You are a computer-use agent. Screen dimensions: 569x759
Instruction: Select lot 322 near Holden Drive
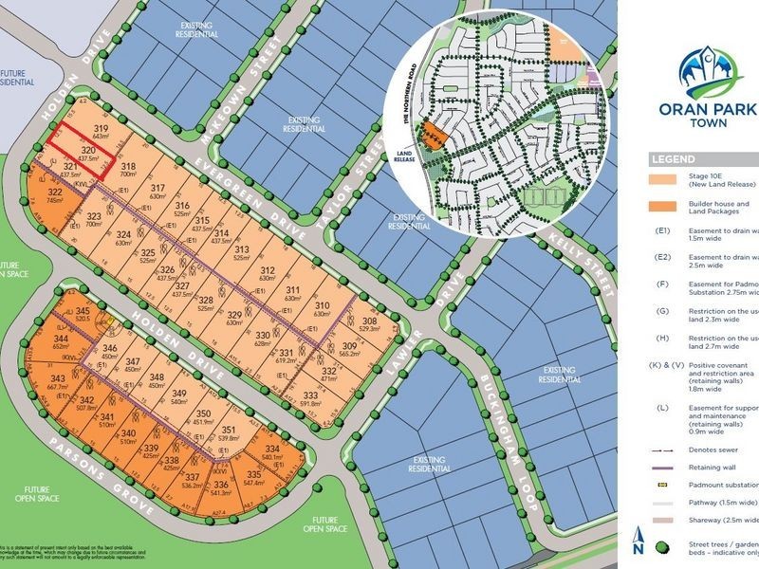pos(54,193)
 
